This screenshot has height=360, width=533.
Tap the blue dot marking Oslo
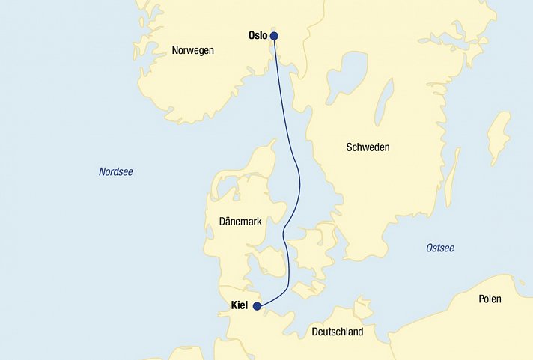pos(274,35)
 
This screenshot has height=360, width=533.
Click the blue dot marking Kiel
pos(257,306)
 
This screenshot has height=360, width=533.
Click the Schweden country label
pos(368,147)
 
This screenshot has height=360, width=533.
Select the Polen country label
pos(490,299)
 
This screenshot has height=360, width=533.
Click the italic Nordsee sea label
pos(116,172)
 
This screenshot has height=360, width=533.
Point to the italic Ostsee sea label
pos(440,248)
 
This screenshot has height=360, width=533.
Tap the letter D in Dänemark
pos(222,221)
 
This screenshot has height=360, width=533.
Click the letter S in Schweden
pos(350,147)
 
